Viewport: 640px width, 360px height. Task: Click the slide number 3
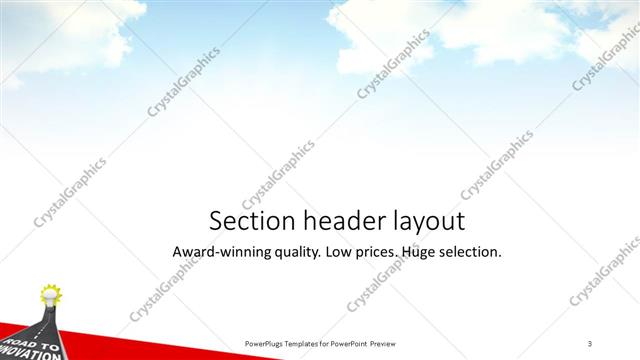(590, 343)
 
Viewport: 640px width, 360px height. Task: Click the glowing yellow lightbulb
(49, 295)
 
